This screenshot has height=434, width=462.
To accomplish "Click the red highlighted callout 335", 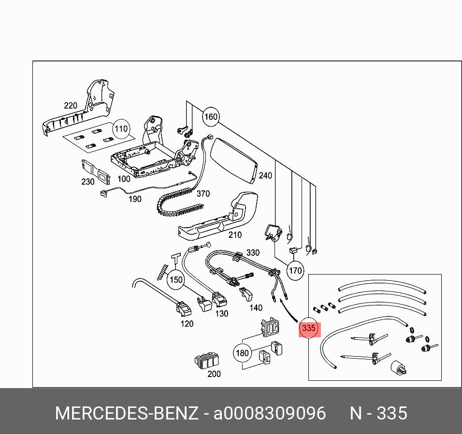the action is pos(308,329).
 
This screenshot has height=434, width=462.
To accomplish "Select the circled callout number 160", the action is pos(211,116).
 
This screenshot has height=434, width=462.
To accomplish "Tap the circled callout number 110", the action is pos(121,129).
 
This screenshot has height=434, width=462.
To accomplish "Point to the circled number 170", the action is pos(295,271).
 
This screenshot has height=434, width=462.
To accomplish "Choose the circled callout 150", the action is pos(176,279).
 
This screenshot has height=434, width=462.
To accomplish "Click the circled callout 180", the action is pos(242,353).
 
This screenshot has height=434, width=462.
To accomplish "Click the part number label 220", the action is pos(71,106).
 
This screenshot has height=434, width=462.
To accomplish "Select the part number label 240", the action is pos(265,176).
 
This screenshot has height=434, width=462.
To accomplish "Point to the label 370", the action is pos(203,194).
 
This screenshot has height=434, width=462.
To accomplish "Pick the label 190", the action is pos(135,199).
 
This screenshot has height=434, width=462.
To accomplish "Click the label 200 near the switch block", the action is pos(214,374).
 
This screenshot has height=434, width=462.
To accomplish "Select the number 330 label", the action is pos(253,253).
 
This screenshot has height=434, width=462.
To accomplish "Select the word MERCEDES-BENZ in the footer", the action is pos(126,414).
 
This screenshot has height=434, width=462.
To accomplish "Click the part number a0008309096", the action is pos(270,414).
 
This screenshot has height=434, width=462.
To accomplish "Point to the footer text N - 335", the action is pos(378,414).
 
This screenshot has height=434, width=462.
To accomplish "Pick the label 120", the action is pos(187,324).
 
